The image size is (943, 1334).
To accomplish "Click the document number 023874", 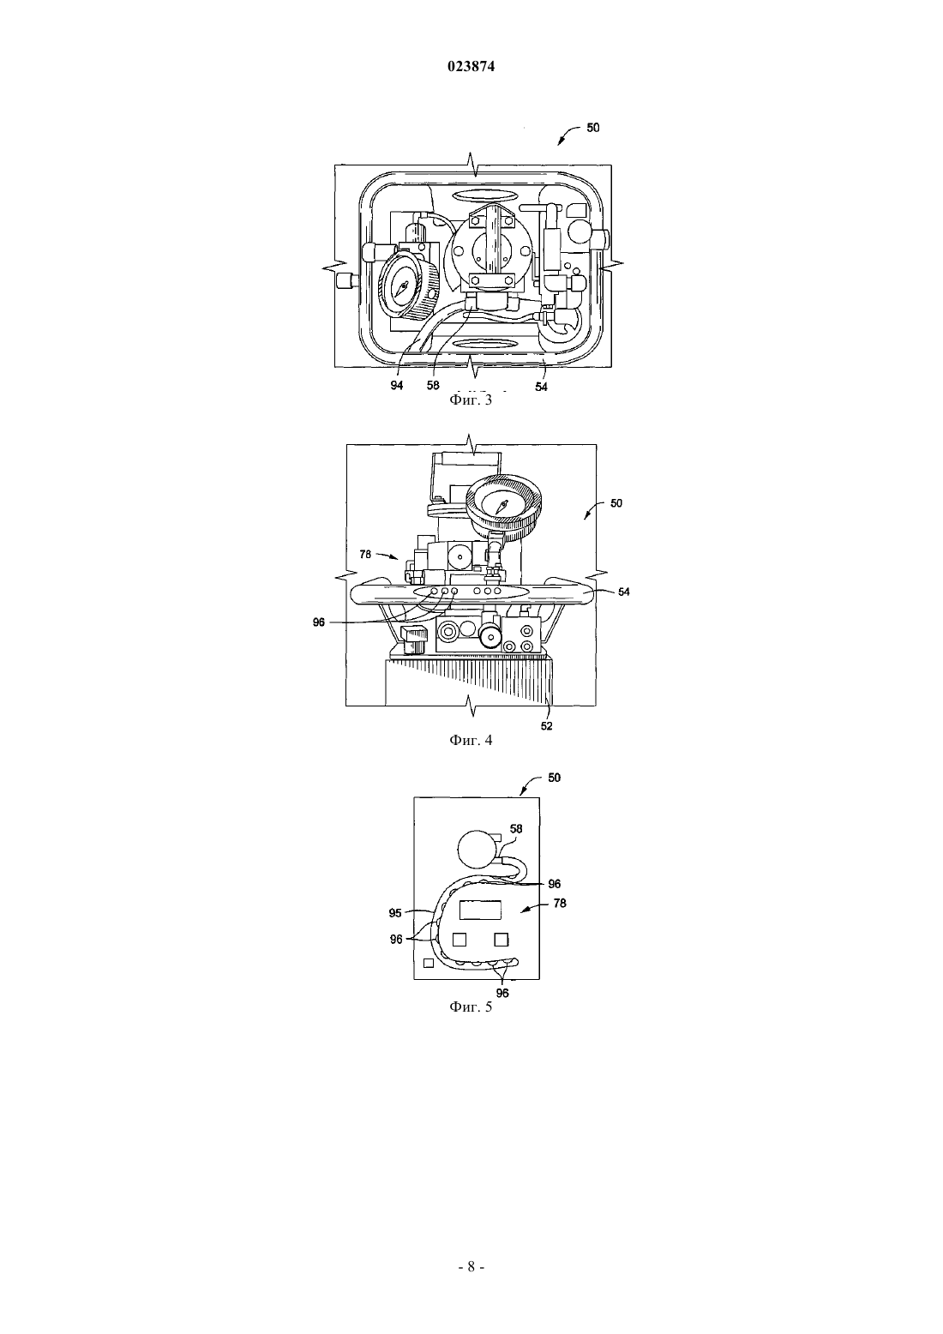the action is click(x=471, y=67).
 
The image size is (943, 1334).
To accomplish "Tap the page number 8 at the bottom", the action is click(x=471, y=1266).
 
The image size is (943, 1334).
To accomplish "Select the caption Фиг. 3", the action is click(x=471, y=400).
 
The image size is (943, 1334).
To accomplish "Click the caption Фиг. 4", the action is click(x=471, y=740).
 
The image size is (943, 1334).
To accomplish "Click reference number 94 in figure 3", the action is click(x=396, y=386).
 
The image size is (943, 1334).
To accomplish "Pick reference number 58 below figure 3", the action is click(x=433, y=386).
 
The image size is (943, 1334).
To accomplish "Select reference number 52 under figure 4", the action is click(x=547, y=726).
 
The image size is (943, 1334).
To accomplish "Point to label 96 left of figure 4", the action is click(x=319, y=622).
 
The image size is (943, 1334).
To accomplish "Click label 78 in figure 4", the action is click(x=365, y=554).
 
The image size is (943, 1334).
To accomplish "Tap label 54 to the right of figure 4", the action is click(x=623, y=592).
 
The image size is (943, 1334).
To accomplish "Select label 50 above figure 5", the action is click(x=555, y=778).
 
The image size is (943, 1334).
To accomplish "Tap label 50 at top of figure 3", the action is click(x=593, y=128).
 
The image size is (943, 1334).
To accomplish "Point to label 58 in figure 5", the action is click(x=516, y=829).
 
